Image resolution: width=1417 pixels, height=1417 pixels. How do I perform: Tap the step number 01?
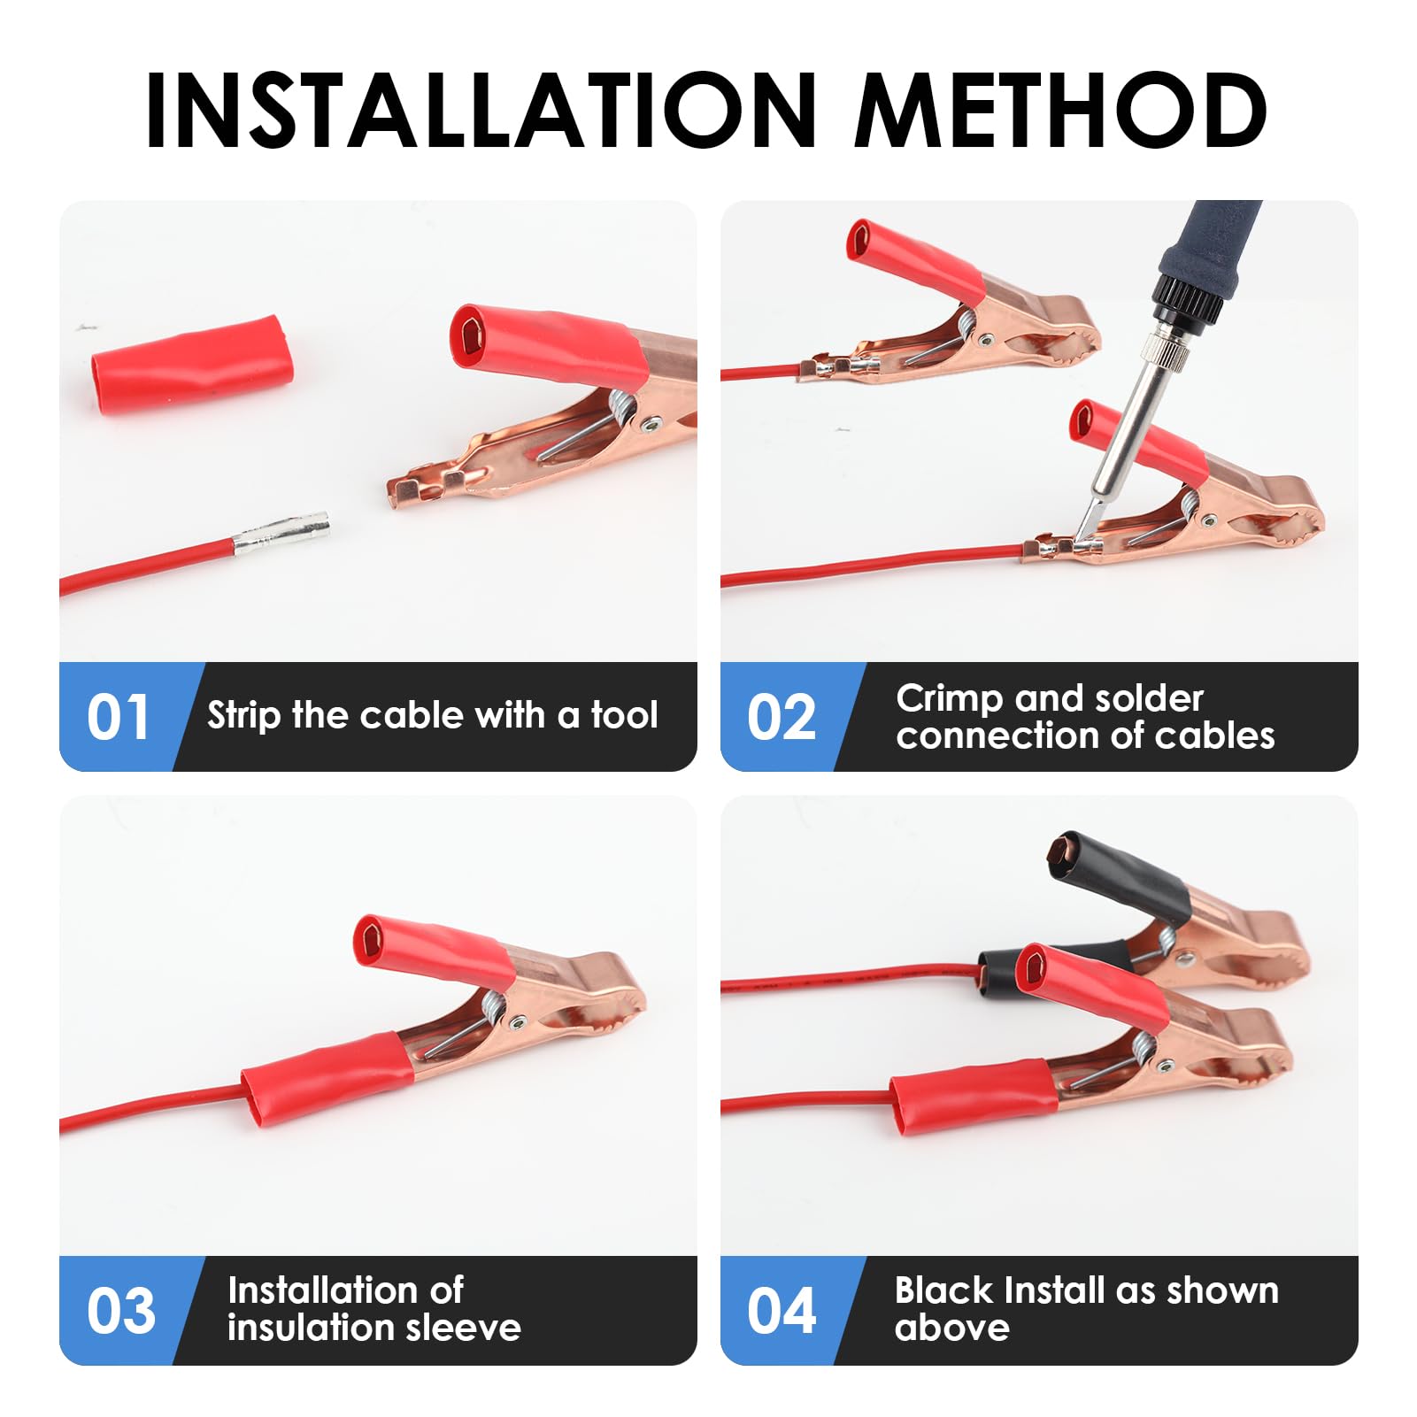click(118, 717)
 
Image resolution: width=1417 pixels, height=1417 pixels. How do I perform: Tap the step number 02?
click(781, 717)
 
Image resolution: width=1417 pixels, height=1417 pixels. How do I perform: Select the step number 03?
click(120, 1311)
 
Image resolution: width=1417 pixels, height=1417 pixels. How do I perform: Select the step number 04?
click(781, 1311)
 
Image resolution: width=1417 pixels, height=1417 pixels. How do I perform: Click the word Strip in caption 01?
click(243, 715)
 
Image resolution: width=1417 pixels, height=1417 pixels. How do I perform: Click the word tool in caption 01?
click(624, 715)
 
